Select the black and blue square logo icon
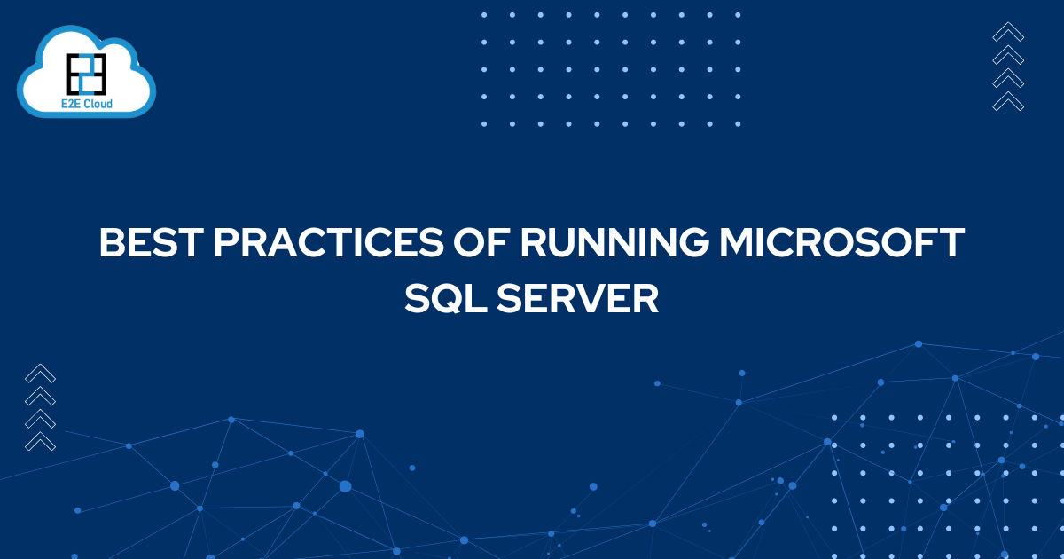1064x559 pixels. (86, 73)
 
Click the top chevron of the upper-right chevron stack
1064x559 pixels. (1008, 33)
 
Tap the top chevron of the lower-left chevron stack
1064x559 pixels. (41, 374)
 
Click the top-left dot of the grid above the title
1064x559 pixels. (484, 15)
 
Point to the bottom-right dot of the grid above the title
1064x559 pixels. (738, 124)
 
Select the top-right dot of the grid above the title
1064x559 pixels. (738, 15)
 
